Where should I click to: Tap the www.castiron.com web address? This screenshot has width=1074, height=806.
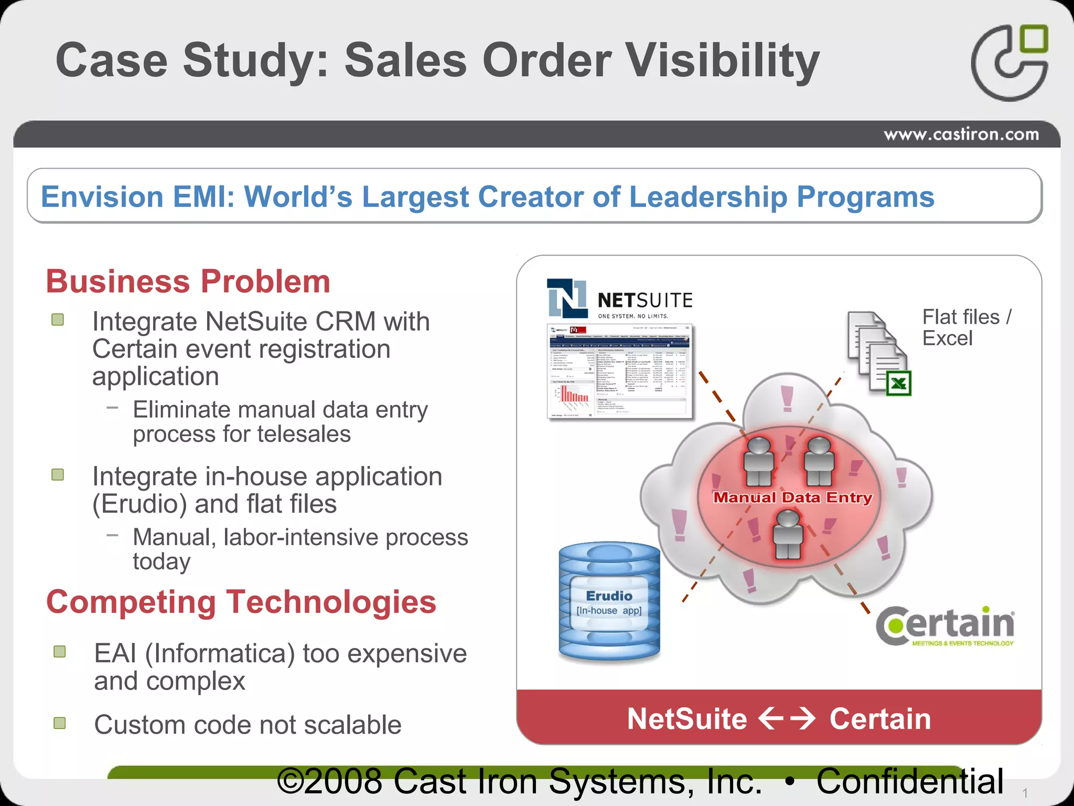pos(961,134)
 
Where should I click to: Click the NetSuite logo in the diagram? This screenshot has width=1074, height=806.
pos(619,299)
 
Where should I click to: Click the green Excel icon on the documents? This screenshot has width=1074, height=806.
pos(898,383)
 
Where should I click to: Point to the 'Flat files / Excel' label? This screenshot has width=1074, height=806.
pos(966,327)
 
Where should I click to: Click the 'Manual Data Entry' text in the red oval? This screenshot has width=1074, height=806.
pos(792,497)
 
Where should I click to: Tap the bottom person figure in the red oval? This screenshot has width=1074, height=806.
pos(788,534)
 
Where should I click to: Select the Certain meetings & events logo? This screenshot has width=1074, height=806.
pos(946,626)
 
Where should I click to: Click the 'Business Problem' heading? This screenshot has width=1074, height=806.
pos(188,281)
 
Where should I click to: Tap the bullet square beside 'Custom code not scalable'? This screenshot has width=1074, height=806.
pos(60,723)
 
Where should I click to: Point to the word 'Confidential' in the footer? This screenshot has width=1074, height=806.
pos(910,781)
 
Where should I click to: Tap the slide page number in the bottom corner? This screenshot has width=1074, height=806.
pos(1024,793)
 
